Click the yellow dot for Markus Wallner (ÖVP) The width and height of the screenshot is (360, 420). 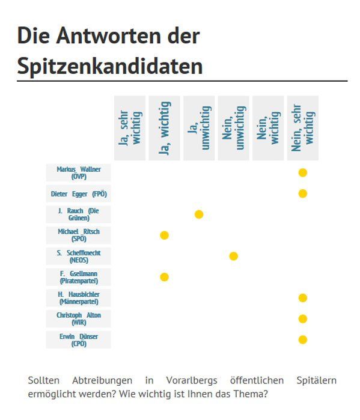(303, 173)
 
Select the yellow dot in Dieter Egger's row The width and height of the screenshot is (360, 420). (303, 193)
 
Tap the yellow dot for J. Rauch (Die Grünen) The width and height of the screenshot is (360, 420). (199, 215)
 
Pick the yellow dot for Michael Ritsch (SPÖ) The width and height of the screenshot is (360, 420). (165, 235)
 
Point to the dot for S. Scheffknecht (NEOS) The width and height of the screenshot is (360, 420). (234, 256)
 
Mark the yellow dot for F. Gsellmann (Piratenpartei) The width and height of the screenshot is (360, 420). (165, 277)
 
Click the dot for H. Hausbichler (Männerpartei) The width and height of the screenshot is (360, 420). (303, 298)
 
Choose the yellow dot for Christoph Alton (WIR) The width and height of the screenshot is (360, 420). (303, 318)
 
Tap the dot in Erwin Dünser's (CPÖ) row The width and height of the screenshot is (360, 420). (303, 339)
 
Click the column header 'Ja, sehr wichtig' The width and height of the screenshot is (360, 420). (130, 128)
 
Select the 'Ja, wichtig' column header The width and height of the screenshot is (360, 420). (165, 128)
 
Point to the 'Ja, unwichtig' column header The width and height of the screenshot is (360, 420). (199, 128)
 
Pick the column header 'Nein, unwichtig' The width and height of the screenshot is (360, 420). (234, 128)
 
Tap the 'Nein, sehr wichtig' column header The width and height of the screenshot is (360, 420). (303, 128)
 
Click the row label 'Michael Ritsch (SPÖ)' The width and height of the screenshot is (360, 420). (79, 235)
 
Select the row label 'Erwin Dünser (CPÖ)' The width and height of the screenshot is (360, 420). (79, 339)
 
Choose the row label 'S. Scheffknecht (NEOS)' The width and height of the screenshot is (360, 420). (79, 256)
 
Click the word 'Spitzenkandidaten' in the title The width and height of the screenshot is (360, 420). (110, 66)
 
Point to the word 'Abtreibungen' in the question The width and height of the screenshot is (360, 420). (102, 380)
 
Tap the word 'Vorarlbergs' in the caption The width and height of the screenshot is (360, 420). (192, 380)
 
